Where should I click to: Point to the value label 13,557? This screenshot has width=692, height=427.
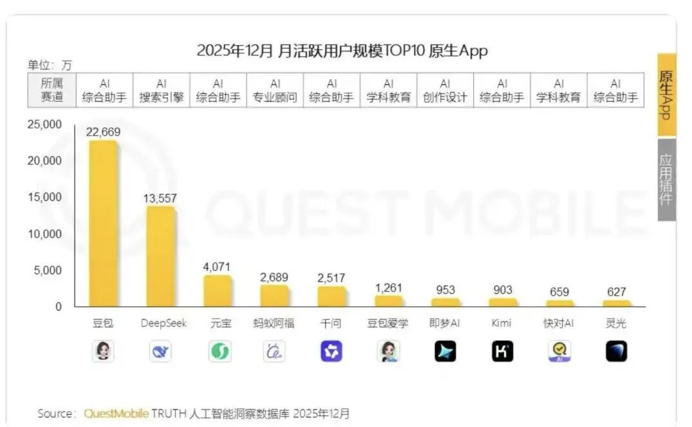tap(160, 199)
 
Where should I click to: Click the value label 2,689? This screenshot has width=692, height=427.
tap(274, 277)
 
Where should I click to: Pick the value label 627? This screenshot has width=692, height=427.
tap(616, 292)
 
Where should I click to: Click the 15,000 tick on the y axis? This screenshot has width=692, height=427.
tap(44, 197)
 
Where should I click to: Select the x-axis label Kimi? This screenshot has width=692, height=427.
tap(502, 323)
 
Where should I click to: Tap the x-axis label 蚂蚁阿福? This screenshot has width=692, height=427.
tap(274, 323)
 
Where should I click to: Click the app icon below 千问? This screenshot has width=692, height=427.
tap(332, 351)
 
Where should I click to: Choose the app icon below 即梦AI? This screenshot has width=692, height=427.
tap(445, 351)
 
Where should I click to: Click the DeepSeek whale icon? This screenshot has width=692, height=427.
tap(160, 351)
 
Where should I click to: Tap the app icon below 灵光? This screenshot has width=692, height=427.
tap(616, 351)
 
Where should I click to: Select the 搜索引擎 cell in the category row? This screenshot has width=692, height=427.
tap(161, 91)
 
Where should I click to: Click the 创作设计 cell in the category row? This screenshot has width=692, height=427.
tap(445, 91)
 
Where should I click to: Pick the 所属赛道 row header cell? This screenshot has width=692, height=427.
tap(51, 91)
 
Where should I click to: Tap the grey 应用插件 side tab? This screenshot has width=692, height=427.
tap(666, 179)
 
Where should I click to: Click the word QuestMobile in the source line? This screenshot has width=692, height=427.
tap(117, 413)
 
